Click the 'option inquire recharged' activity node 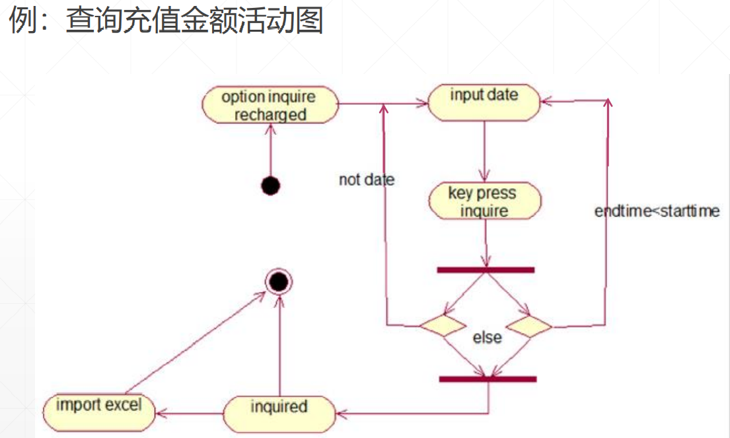(x=269, y=106)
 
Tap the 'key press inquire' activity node (x=484, y=201)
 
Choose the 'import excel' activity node (x=98, y=410)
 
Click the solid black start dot (x=270, y=186)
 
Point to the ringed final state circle (x=278, y=283)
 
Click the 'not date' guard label (x=366, y=180)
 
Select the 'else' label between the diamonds (x=487, y=337)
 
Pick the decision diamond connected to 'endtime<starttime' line (x=529, y=325)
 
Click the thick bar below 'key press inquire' (x=486, y=270)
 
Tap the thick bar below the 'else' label (x=488, y=379)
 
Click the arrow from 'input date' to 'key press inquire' (x=484, y=152)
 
